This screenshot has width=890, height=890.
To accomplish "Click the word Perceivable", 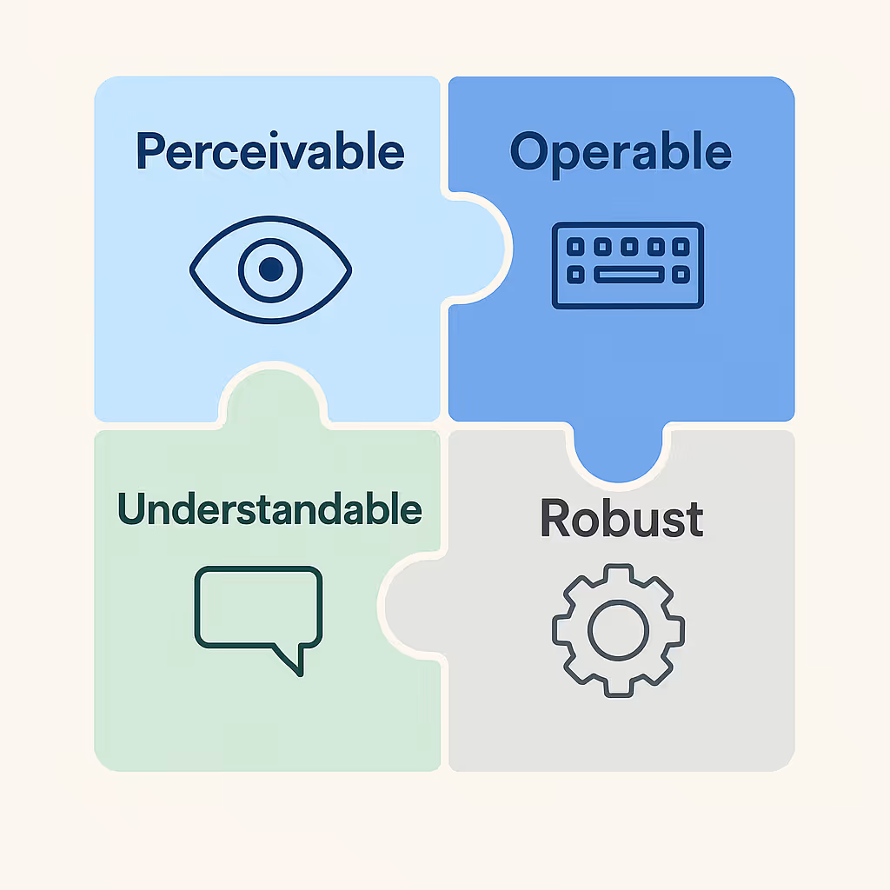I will (270, 153).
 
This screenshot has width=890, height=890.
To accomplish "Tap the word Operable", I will (621, 153).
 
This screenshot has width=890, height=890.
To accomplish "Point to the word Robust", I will (621, 519).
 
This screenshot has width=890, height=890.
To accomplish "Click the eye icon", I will (270, 269).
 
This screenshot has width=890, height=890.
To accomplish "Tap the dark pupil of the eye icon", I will (270, 269).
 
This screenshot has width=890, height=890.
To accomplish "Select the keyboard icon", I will (628, 265).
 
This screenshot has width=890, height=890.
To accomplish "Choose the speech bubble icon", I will (258, 613).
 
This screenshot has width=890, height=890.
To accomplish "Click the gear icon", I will (618, 628).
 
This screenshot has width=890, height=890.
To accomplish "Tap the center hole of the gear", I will (618, 628).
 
